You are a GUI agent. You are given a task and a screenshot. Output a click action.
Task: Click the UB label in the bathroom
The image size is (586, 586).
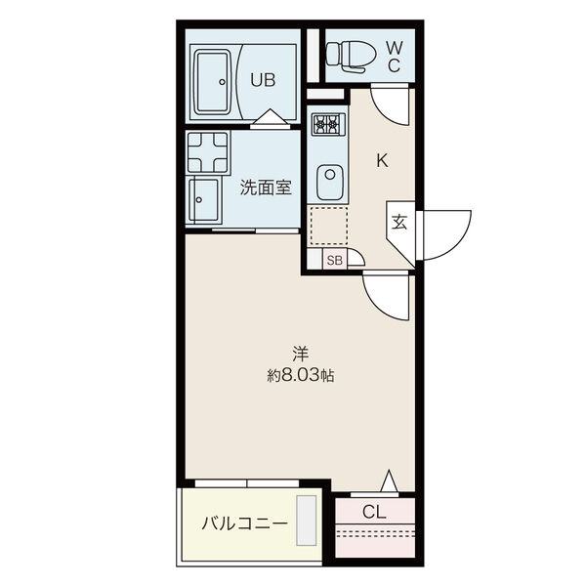click(x=263, y=80)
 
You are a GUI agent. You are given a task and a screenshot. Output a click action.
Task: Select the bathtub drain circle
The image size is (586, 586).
click(x=222, y=82)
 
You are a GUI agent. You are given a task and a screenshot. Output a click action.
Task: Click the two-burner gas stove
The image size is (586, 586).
click(x=329, y=123)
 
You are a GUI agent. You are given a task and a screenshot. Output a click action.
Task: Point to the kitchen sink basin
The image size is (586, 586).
click(x=330, y=183)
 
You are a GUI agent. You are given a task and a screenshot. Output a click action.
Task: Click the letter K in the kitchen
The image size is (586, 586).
click(x=382, y=161)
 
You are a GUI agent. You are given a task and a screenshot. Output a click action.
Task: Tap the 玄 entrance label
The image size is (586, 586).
click(x=399, y=223)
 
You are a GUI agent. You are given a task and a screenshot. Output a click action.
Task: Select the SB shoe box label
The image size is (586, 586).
click(x=334, y=260)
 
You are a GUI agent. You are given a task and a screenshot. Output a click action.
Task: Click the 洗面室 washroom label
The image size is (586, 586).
click(x=266, y=188)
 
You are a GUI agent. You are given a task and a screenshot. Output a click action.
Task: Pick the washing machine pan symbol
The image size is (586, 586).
click(x=208, y=151)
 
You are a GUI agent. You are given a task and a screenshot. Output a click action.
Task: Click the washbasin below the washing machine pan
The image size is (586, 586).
click(x=204, y=199)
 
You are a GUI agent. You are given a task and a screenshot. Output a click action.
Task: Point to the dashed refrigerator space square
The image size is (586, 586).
click(x=329, y=227)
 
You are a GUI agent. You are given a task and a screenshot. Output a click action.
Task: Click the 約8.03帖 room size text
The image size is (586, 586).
click(x=301, y=375)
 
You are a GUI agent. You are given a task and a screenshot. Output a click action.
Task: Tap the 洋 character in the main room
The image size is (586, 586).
click(x=300, y=354)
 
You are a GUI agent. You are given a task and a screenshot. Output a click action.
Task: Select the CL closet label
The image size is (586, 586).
click(x=374, y=512)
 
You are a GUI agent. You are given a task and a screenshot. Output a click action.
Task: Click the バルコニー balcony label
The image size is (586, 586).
click(x=245, y=523)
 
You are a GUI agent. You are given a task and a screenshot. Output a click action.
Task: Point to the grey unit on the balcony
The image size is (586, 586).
click(x=307, y=521)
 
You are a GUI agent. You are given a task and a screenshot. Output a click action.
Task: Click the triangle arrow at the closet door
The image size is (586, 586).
click(x=390, y=481)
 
